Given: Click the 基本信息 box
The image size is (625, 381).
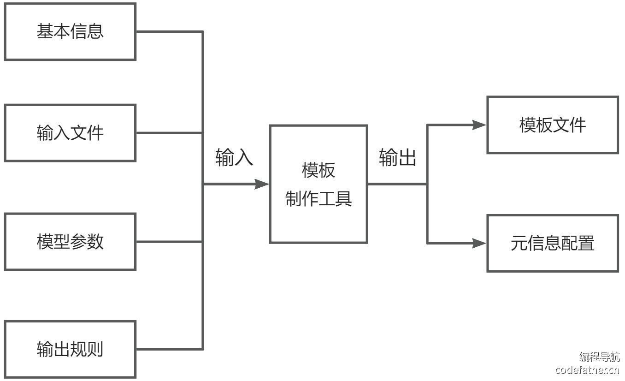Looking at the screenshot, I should pyautogui.click(x=70, y=31).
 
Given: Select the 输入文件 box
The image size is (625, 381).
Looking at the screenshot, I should pyautogui.click(x=70, y=133).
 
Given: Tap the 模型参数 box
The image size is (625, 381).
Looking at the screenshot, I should pyautogui.click(x=70, y=241).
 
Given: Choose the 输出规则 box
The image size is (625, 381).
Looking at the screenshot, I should pyautogui.click(x=70, y=349).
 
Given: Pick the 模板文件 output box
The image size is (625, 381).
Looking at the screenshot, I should pyautogui.click(x=553, y=125).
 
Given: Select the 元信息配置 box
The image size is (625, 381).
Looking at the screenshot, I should pyautogui.click(x=553, y=243).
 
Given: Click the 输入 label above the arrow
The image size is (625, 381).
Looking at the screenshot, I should pyautogui.click(x=235, y=158).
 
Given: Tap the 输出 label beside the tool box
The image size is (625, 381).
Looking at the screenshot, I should pyautogui.click(x=398, y=158).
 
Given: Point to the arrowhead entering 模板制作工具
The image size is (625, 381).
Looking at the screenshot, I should pyautogui.click(x=263, y=184).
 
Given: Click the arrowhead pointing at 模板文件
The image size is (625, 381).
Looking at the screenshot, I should pyautogui.click(x=480, y=125).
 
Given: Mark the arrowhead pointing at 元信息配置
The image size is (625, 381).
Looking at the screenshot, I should pyautogui.click(x=480, y=243).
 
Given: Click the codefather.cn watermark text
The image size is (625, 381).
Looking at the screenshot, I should pyautogui.click(x=587, y=370).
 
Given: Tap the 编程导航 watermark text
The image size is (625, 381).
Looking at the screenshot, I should pyautogui.click(x=599, y=357).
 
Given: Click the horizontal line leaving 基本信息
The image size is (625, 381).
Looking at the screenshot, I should pyautogui.click(x=169, y=31).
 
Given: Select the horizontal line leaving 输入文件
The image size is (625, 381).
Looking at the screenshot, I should pyautogui.click(x=169, y=133).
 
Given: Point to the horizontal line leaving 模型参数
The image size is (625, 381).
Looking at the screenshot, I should pyautogui.click(x=169, y=241).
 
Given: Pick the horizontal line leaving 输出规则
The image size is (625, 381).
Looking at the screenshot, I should pyautogui.click(x=169, y=349).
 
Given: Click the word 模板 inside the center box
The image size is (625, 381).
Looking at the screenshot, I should pyautogui.click(x=318, y=171).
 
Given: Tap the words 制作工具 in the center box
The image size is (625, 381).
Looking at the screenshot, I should pyautogui.click(x=318, y=199).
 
